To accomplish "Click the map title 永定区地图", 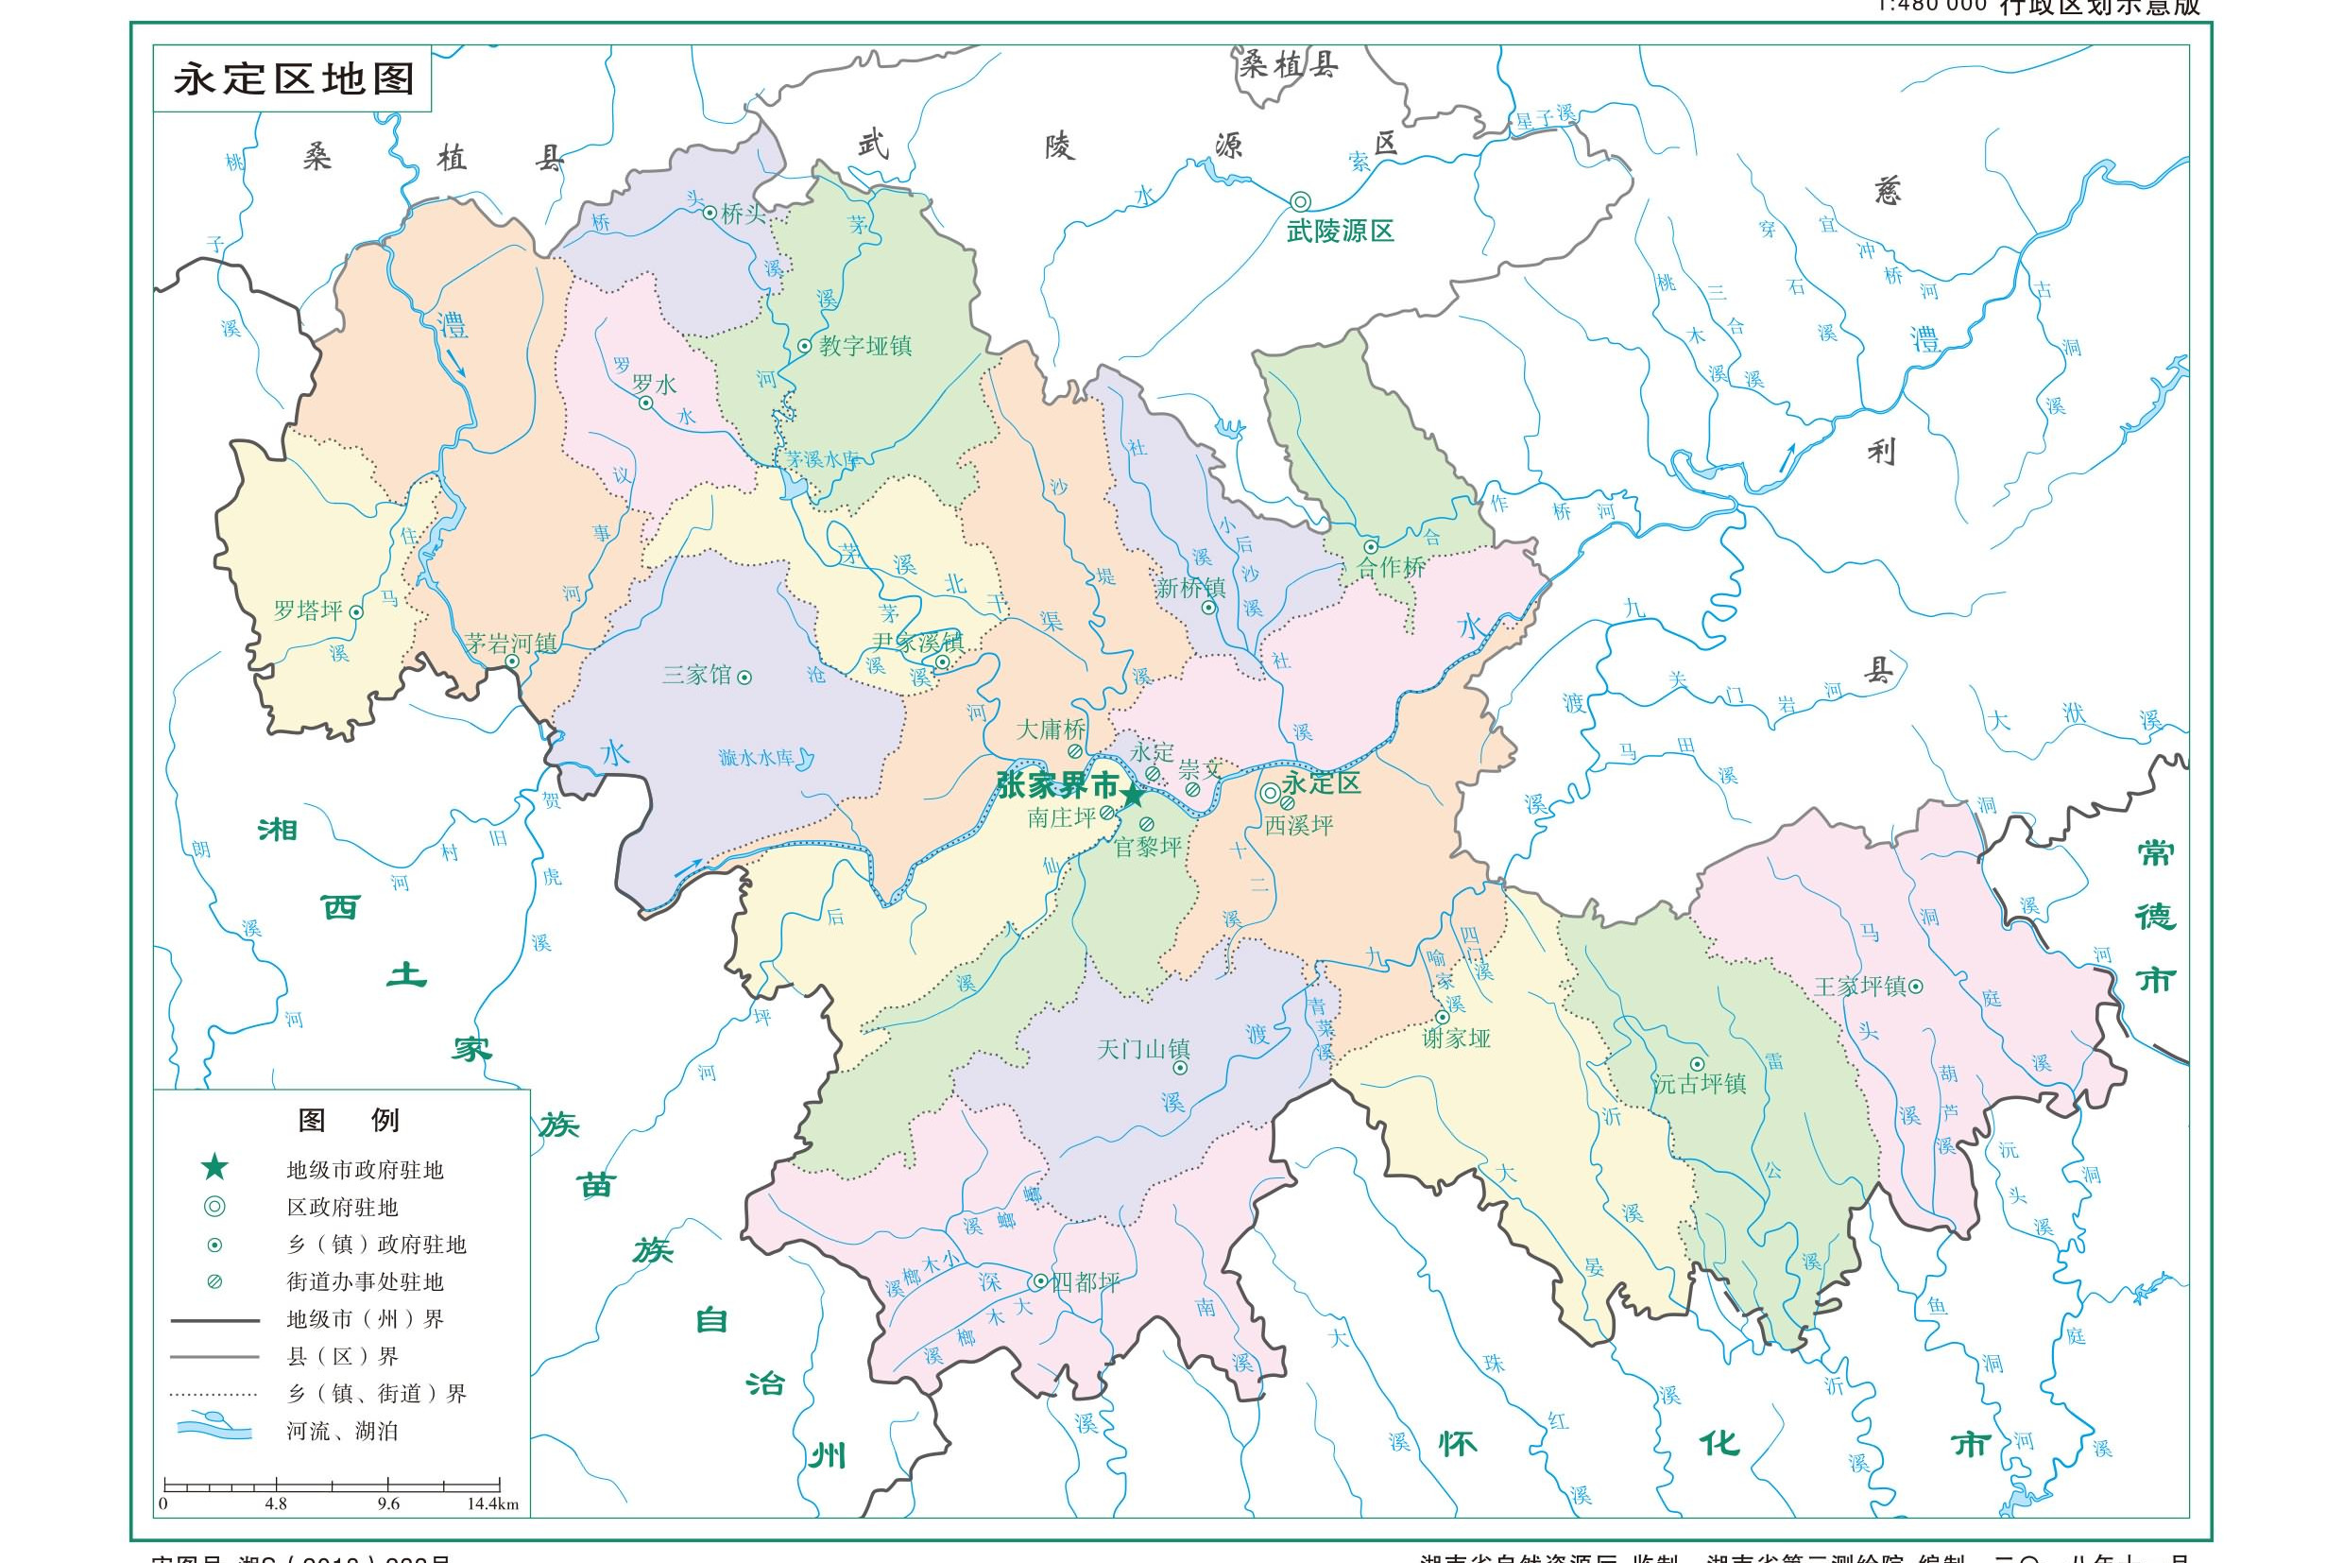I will pyautogui.click(x=293, y=78).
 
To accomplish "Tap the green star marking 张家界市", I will pyautogui.click(x=1132, y=796).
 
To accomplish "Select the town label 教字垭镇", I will pyautogui.click(x=865, y=346).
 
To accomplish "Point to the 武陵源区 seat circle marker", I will pyautogui.click(x=1300, y=200).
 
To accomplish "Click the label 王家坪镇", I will pyautogui.click(x=1859, y=986).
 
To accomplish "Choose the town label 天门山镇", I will pyautogui.click(x=1143, y=1049).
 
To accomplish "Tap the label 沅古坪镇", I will pyautogui.click(x=1700, y=1084).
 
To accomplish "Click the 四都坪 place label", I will pyautogui.click(x=1086, y=1282).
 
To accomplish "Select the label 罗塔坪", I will pyautogui.click(x=308, y=611).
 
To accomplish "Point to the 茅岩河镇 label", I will pyautogui.click(x=511, y=643).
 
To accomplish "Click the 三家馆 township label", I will pyautogui.click(x=696, y=675).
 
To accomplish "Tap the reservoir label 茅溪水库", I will pyautogui.click(x=823, y=459).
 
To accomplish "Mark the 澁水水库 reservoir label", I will pyautogui.click(x=757, y=758).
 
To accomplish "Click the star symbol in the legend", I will pyautogui.click(x=214, y=1168).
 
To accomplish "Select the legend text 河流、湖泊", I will pyautogui.click(x=343, y=1432).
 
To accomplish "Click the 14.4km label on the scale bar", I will pyautogui.click(x=491, y=1504).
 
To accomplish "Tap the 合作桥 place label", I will pyautogui.click(x=1392, y=568).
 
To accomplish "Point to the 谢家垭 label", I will pyautogui.click(x=1456, y=1038).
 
